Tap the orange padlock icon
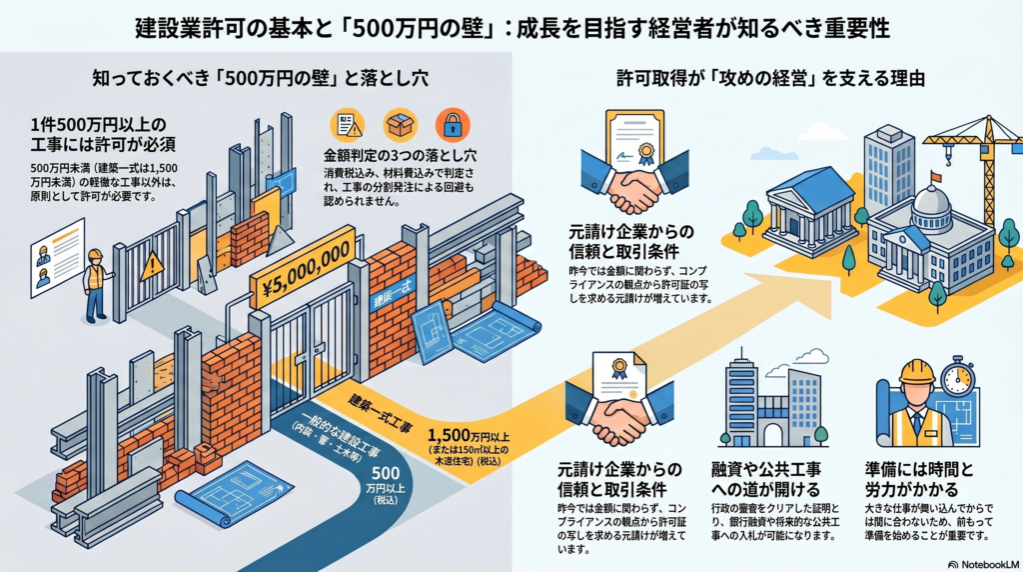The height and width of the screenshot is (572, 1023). point(451,124)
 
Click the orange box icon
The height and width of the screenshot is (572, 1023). point(400,124)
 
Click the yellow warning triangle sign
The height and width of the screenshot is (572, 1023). point(152,266)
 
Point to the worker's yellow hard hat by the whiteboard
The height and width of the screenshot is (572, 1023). point(96,255)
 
